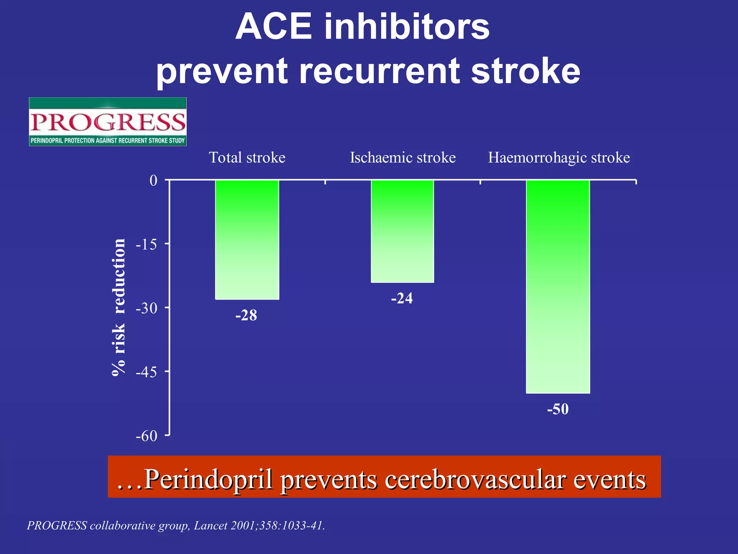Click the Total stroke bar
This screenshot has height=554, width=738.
tap(247, 239)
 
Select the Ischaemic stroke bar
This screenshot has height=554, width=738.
tap(403, 231)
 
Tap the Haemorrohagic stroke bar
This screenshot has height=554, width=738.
tap(558, 286)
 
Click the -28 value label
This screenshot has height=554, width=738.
tap(246, 316)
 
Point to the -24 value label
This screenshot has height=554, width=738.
tap(402, 298)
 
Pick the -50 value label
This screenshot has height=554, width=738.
tap(558, 409)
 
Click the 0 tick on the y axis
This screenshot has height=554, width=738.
tap(154, 180)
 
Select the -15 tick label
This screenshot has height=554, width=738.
tap(147, 245)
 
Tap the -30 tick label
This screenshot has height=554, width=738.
tap(147, 308)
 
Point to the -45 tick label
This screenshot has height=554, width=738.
tap(147, 372)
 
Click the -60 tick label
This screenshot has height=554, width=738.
tap(147, 436)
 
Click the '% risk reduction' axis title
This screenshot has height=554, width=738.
tap(119, 307)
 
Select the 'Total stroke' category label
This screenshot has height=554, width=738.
tap(247, 158)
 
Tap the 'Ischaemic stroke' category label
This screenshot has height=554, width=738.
tap(403, 158)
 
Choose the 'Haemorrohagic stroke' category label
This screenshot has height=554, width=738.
tap(559, 158)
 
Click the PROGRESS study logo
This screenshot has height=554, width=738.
tap(108, 122)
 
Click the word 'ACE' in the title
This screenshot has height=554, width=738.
tap(274, 27)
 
